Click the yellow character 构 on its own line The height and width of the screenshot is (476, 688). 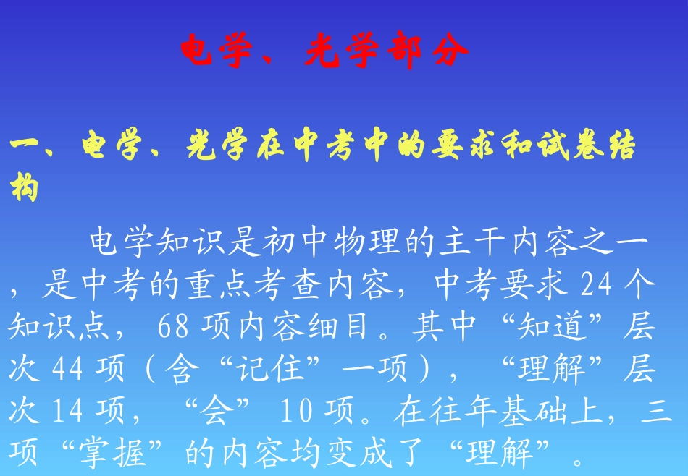25,190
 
